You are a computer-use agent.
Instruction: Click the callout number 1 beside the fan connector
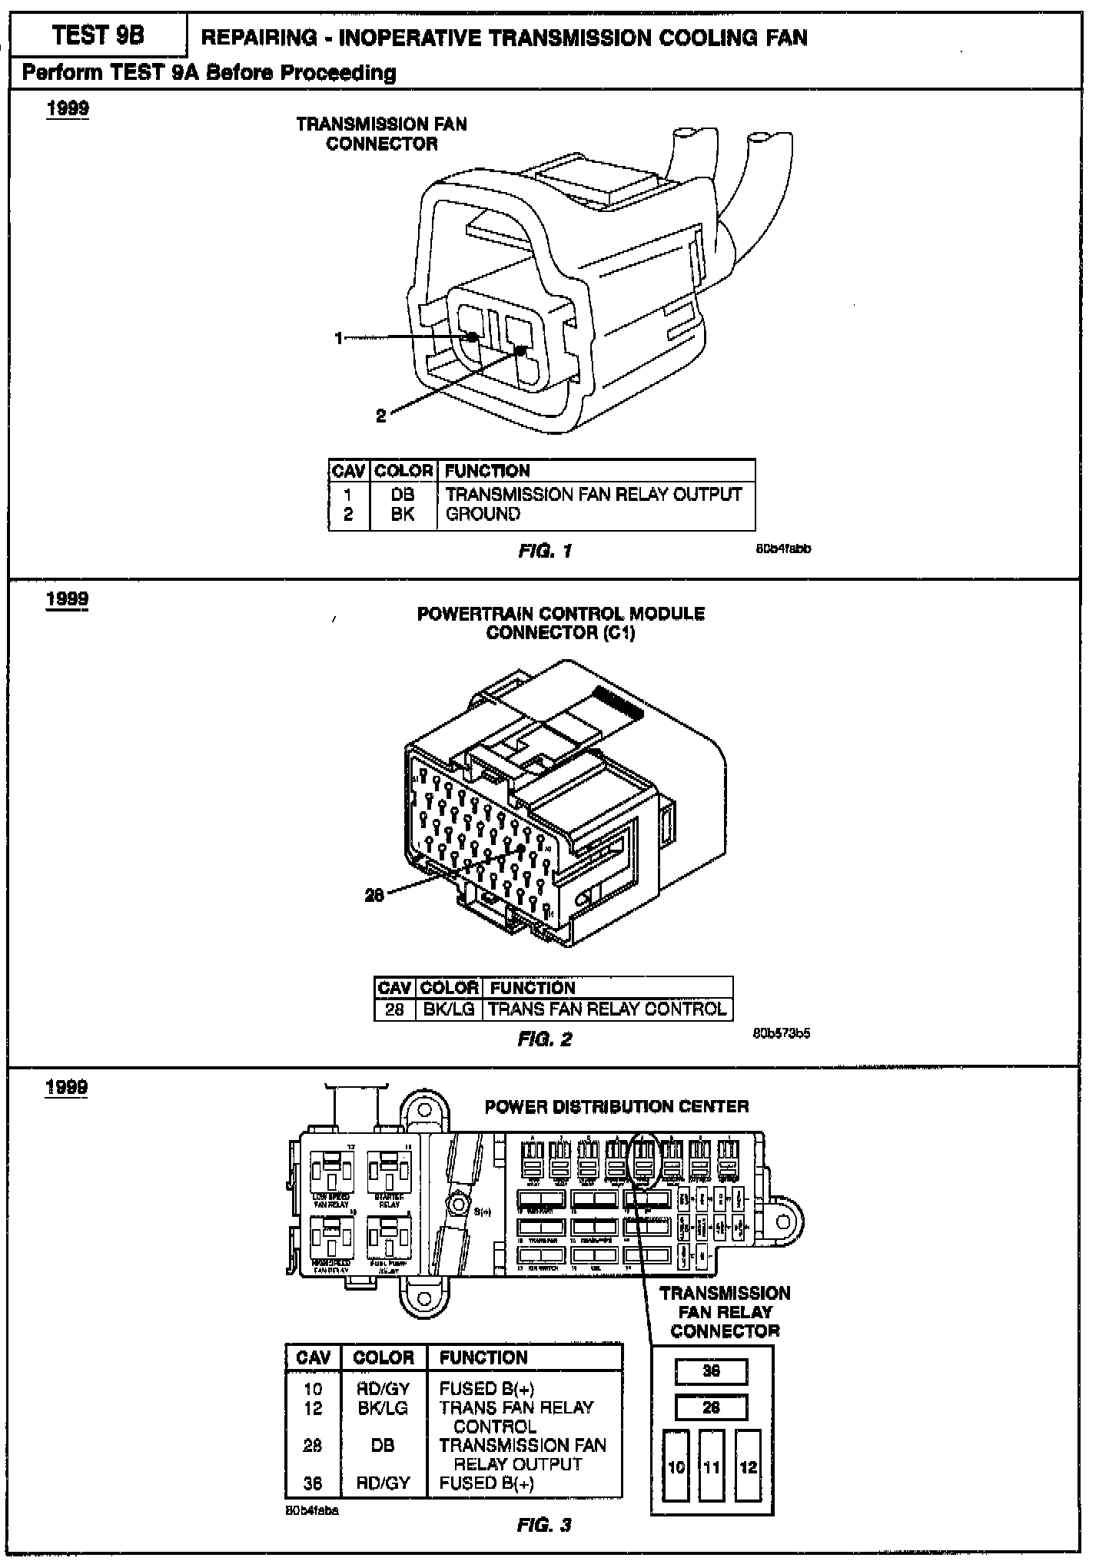[338, 338]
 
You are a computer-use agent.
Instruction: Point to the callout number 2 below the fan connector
[380, 416]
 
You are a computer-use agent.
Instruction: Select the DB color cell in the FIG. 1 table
[402, 495]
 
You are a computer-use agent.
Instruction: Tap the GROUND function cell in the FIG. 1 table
[483, 514]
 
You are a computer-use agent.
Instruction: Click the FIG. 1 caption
[545, 551]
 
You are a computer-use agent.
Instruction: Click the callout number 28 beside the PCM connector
[374, 895]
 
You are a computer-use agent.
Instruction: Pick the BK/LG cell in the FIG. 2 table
[449, 1009]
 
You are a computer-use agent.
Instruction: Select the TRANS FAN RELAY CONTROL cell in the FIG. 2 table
[606, 1009]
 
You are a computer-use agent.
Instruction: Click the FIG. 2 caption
[545, 1039]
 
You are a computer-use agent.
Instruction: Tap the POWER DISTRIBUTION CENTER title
[616, 1106]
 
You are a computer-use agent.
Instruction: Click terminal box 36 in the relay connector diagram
[711, 1371]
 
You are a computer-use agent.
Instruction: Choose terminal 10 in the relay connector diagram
[676, 1467]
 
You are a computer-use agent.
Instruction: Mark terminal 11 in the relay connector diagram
[712, 1467]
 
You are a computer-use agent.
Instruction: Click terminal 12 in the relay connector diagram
[748, 1467]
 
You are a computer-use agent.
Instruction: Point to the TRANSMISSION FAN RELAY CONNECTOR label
[725, 1311]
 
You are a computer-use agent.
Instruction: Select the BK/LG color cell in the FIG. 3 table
[382, 1408]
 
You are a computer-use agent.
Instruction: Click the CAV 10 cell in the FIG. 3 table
[313, 1389]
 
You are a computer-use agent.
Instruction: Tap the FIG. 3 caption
[544, 1525]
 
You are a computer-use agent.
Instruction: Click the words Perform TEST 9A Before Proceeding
[209, 73]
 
